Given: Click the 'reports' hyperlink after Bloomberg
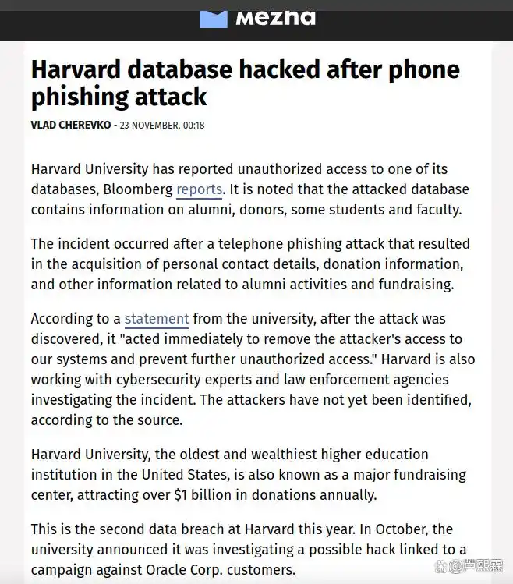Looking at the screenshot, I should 200,189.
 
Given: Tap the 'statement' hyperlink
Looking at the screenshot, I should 157,319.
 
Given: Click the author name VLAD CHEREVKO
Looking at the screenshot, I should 71,126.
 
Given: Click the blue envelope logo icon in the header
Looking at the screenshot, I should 213,18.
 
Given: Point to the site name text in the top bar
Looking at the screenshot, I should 275,17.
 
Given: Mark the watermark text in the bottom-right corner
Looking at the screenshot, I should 479,567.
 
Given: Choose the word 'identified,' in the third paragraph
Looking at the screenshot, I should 437,400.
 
